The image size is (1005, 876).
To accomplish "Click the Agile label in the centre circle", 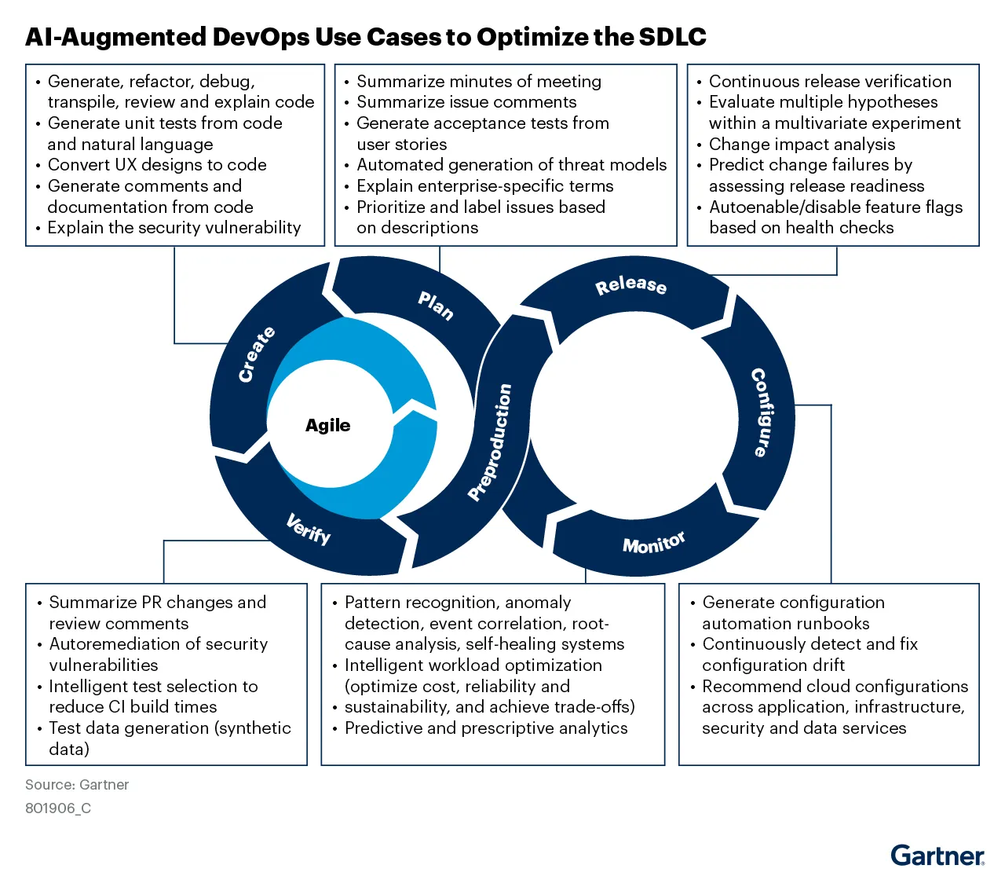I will pos(327,425).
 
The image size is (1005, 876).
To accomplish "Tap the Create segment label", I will pos(257,354).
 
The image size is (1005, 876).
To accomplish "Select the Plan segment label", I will pos(436,305).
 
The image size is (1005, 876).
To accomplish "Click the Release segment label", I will pos(630,284).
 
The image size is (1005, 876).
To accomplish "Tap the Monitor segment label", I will pos(653,542).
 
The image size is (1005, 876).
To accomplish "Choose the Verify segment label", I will pos(309,529).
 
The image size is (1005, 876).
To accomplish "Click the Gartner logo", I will pos(937,856).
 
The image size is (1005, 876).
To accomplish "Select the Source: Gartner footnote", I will pos(77,784).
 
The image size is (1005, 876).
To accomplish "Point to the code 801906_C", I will pos(58,808).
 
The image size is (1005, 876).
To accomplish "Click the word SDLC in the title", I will pos(672,37).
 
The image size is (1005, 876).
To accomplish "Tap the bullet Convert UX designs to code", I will pos(157,165).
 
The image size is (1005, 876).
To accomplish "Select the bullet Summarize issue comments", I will pos(466,102).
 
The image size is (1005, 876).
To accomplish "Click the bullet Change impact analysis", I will pos(802,145).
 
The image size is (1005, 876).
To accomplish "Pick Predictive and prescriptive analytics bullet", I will pos(486,728).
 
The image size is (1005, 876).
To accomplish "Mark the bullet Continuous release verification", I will pos(830,82).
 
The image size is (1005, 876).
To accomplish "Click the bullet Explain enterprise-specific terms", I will pos(484,186).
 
